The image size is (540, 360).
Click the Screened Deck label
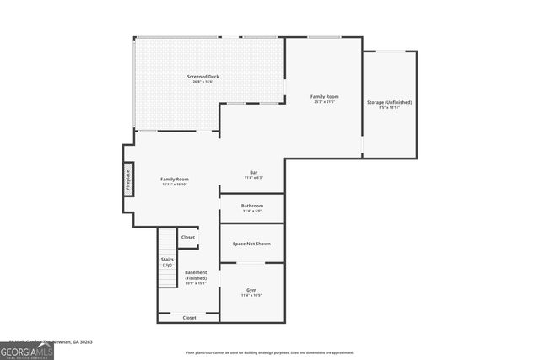203,77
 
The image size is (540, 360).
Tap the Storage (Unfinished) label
389,102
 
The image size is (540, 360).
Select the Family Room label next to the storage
324,96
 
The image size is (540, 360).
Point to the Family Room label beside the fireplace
175,179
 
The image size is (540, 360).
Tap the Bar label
253,173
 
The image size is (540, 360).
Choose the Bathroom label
252,206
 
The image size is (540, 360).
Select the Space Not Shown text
252,243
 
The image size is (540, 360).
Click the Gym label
251,290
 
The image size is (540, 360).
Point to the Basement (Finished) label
196,275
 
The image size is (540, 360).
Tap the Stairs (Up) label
167,262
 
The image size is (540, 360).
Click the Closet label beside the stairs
187,238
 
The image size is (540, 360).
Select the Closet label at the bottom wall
189,318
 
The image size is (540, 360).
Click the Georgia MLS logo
27,351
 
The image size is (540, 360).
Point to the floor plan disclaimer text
270,352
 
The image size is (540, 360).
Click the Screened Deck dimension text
203,82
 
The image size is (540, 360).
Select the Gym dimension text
251,296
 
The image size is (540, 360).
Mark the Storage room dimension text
389,108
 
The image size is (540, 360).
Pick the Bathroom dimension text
252,211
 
